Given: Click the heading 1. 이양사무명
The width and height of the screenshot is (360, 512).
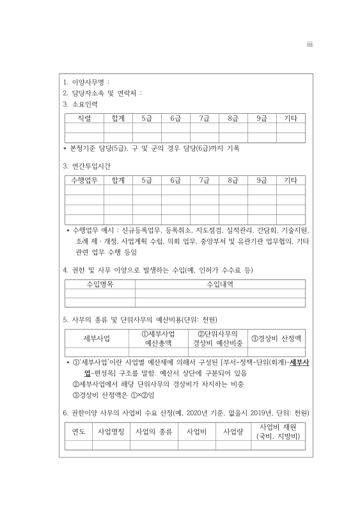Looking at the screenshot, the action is point(86,82).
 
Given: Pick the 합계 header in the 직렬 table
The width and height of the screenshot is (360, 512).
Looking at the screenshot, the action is point(118,118).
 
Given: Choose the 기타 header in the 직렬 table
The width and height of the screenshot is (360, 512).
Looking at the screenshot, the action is point(290,118).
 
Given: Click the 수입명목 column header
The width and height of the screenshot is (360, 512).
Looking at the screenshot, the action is point(100,284).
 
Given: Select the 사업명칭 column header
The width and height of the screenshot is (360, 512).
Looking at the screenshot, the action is point(110,431).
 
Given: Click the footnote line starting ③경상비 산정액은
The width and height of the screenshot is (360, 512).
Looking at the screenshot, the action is point(115,394).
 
